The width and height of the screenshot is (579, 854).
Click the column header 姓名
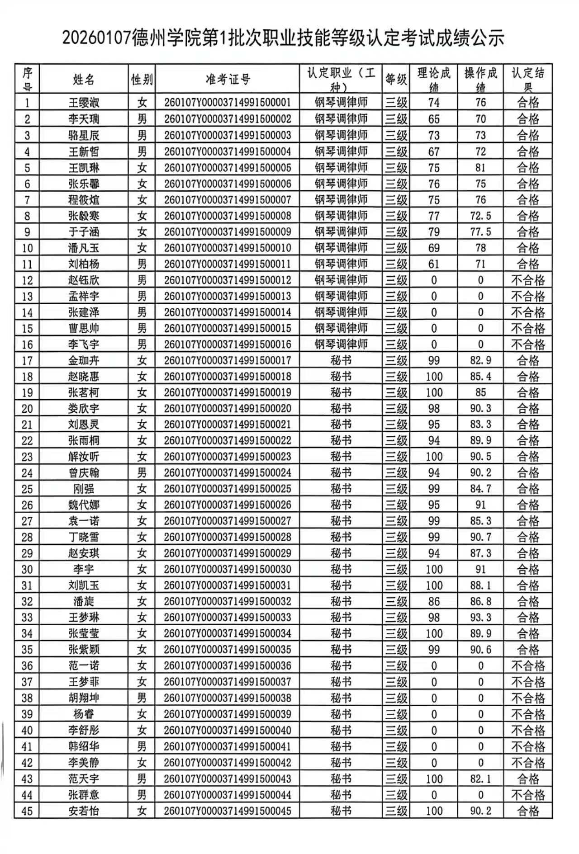click(x=84, y=80)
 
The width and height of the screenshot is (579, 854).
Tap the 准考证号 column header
click(x=228, y=80)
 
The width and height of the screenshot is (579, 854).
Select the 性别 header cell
click(x=142, y=80)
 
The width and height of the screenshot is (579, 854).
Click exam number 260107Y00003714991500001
click(x=228, y=103)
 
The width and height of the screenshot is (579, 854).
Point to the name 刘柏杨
click(x=84, y=264)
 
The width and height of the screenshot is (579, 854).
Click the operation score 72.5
click(x=480, y=216)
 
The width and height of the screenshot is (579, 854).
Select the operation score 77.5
click(x=480, y=232)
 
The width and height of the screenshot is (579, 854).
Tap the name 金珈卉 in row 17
click(x=84, y=361)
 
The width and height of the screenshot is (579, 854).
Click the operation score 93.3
click(x=480, y=618)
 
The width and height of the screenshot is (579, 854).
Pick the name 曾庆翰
click(x=84, y=473)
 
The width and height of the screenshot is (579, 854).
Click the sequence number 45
click(x=27, y=811)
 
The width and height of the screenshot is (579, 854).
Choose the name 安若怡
click(x=84, y=811)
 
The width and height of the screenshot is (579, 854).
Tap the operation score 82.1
click(x=480, y=779)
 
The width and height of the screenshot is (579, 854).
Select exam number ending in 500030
click(x=228, y=569)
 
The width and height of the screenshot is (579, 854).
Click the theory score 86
click(x=434, y=602)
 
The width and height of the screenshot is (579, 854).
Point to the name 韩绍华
click(x=84, y=746)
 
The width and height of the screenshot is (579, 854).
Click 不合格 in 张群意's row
click(x=528, y=795)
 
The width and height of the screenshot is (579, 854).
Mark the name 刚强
click(x=84, y=489)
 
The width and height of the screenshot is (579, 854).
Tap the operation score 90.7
click(x=480, y=537)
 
